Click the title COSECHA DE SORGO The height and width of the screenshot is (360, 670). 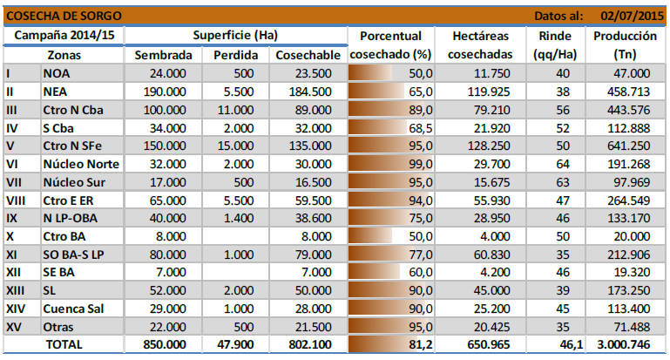51,15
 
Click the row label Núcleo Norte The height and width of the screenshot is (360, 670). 81,163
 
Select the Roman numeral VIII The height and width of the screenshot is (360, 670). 15,200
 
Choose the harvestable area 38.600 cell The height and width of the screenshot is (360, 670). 310,217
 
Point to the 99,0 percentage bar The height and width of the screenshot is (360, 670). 389,163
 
